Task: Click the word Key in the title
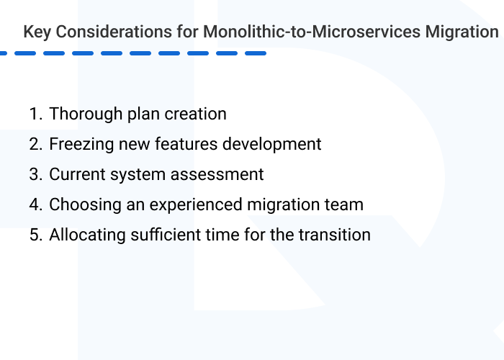coord(35,32)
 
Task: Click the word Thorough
coord(81,114)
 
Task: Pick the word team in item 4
coord(343,204)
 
